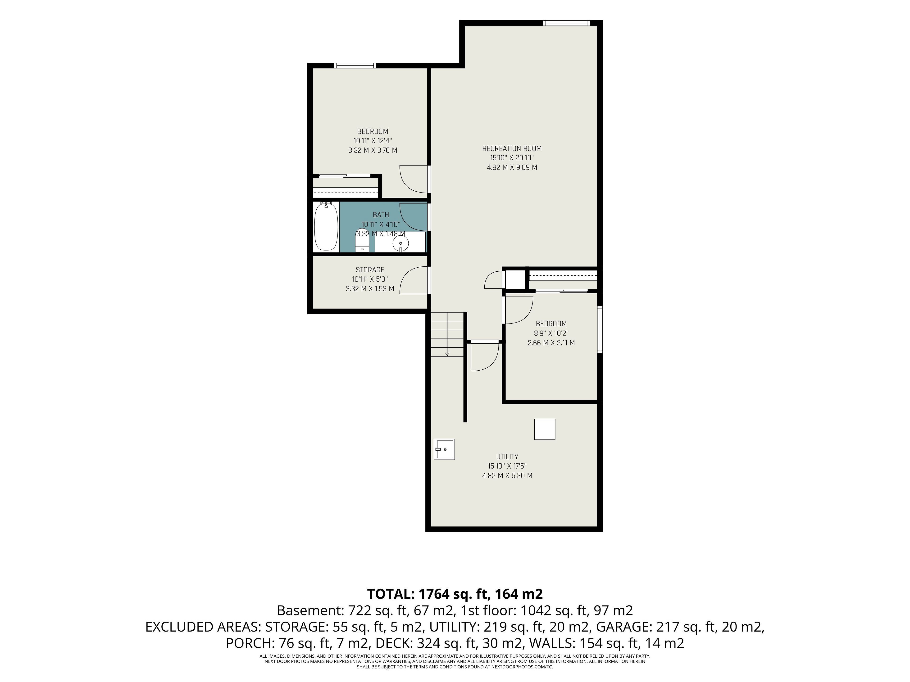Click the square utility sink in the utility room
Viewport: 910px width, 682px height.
(444, 449)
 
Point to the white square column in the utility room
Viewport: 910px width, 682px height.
(545, 429)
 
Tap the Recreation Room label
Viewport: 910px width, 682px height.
(512, 148)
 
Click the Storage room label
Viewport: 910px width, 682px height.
(370, 270)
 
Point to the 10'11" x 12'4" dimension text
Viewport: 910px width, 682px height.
(373, 141)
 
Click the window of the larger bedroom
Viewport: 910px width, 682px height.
(355, 65)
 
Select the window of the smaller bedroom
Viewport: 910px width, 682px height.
(600, 329)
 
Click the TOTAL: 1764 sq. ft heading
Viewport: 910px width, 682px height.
(455, 594)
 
